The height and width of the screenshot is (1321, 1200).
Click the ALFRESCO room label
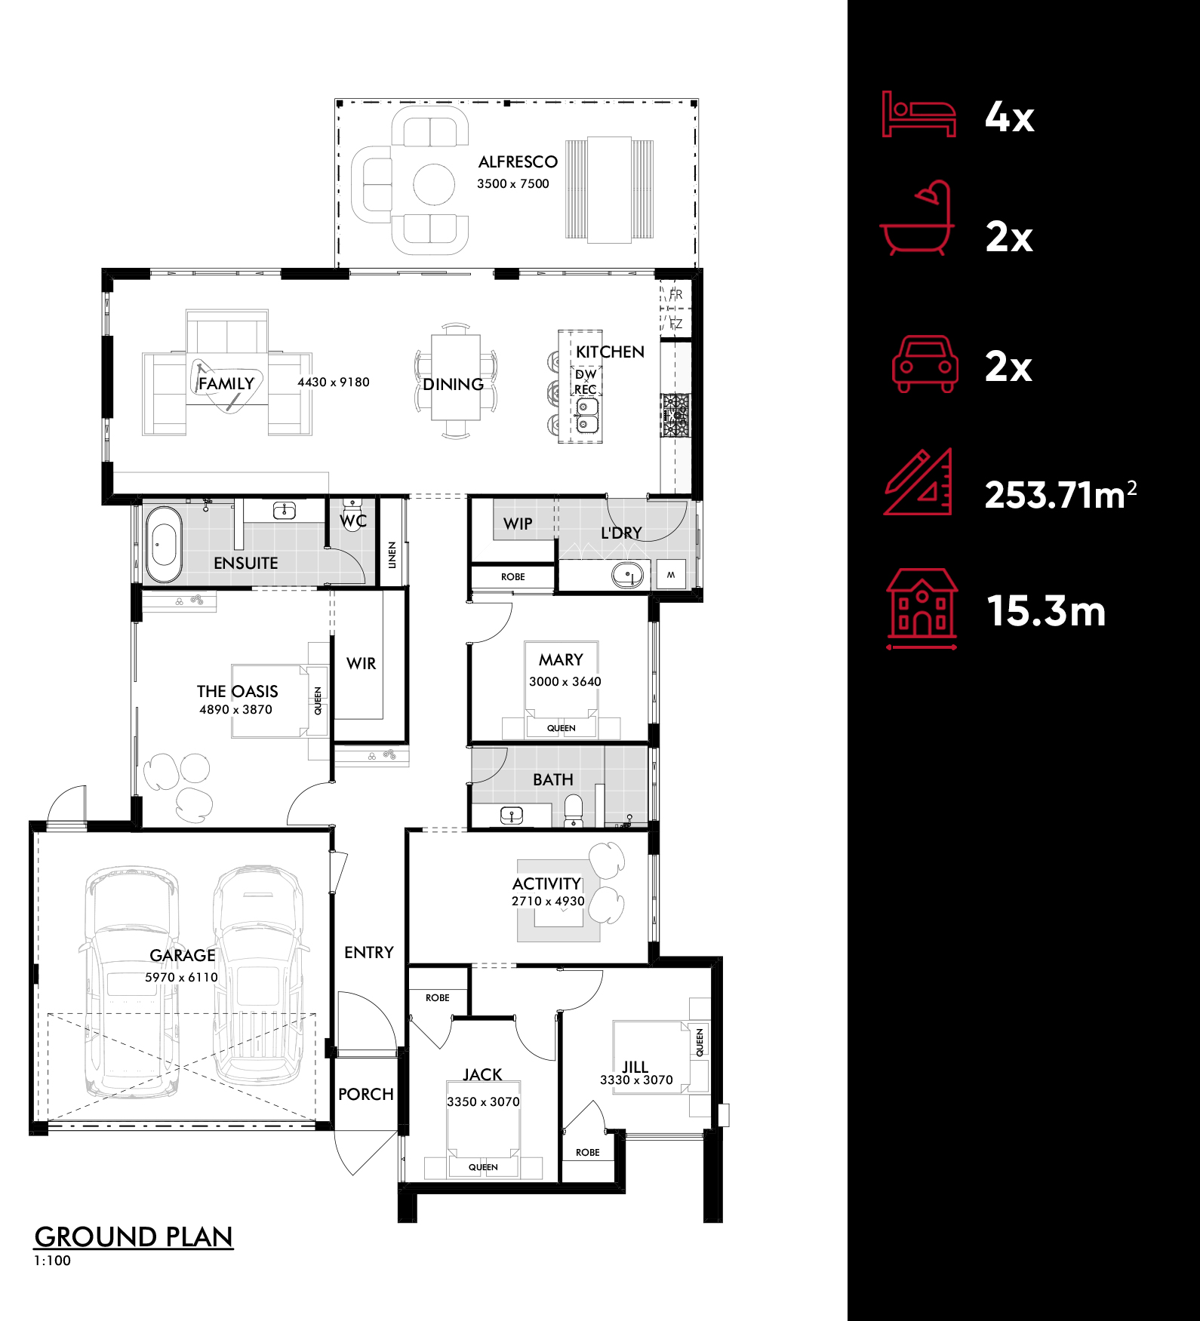pyautogui.click(x=518, y=161)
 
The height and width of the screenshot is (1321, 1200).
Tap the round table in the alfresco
pyautogui.click(x=434, y=184)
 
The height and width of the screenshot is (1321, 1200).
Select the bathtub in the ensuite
pyautogui.click(x=163, y=545)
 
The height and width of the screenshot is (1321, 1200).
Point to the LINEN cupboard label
pyautogui.click(x=392, y=555)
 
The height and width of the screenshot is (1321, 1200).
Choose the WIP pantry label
pyautogui.click(x=518, y=524)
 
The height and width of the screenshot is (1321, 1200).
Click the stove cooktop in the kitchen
pyautogui.click(x=675, y=415)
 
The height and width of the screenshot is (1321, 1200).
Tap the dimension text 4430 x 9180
pyautogui.click(x=334, y=382)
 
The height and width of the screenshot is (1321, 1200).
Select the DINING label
pyautogui.click(x=453, y=384)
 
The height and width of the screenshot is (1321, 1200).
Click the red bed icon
pyautogui.click(x=918, y=114)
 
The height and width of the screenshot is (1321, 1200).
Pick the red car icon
pyautogui.click(x=925, y=364)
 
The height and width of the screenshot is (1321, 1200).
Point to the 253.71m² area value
pyautogui.click(x=1060, y=494)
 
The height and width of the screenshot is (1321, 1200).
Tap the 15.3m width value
pyautogui.click(x=1046, y=610)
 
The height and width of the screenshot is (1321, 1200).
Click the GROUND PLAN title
pyautogui.click(x=134, y=1237)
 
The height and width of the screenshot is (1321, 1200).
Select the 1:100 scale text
pyautogui.click(x=52, y=1260)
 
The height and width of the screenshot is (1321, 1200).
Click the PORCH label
pyautogui.click(x=366, y=1094)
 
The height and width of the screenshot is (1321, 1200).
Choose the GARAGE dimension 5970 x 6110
pyautogui.click(x=181, y=977)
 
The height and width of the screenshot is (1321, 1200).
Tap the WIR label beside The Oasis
pyautogui.click(x=361, y=663)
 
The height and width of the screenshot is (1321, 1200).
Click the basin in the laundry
pyautogui.click(x=627, y=576)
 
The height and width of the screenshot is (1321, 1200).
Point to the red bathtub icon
pyautogui.click(x=918, y=217)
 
